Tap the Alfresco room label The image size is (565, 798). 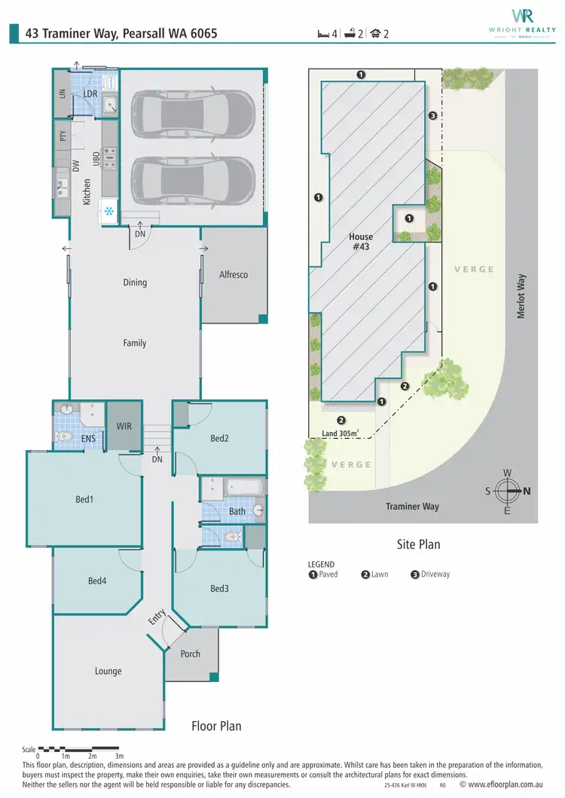(233, 275)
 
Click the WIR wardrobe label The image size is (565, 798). (124, 426)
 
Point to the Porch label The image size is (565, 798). (191, 653)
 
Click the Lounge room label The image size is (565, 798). (108, 672)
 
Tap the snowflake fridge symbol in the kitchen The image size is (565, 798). (109, 212)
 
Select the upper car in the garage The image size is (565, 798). (194, 114)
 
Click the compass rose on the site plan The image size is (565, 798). (508, 492)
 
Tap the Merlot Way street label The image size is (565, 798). (521, 295)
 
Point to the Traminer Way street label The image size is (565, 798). (412, 507)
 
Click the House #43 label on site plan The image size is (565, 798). (361, 242)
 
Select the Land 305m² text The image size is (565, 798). (340, 433)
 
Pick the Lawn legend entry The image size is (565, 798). (376, 574)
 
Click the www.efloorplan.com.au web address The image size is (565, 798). (501, 784)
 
